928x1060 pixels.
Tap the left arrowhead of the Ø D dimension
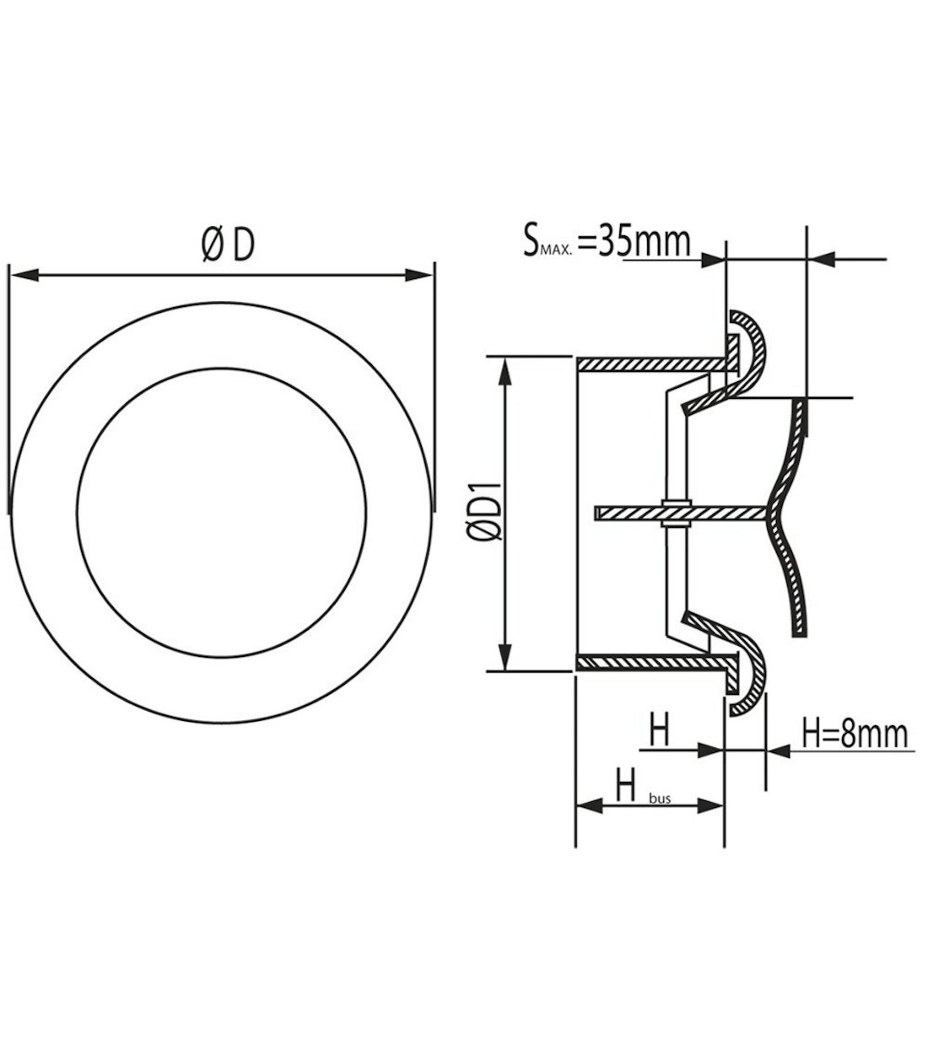pyautogui.click(x=24, y=275)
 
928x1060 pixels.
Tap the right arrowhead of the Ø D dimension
pyautogui.click(x=418, y=275)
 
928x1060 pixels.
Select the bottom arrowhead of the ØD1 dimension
pyautogui.click(x=505, y=658)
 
